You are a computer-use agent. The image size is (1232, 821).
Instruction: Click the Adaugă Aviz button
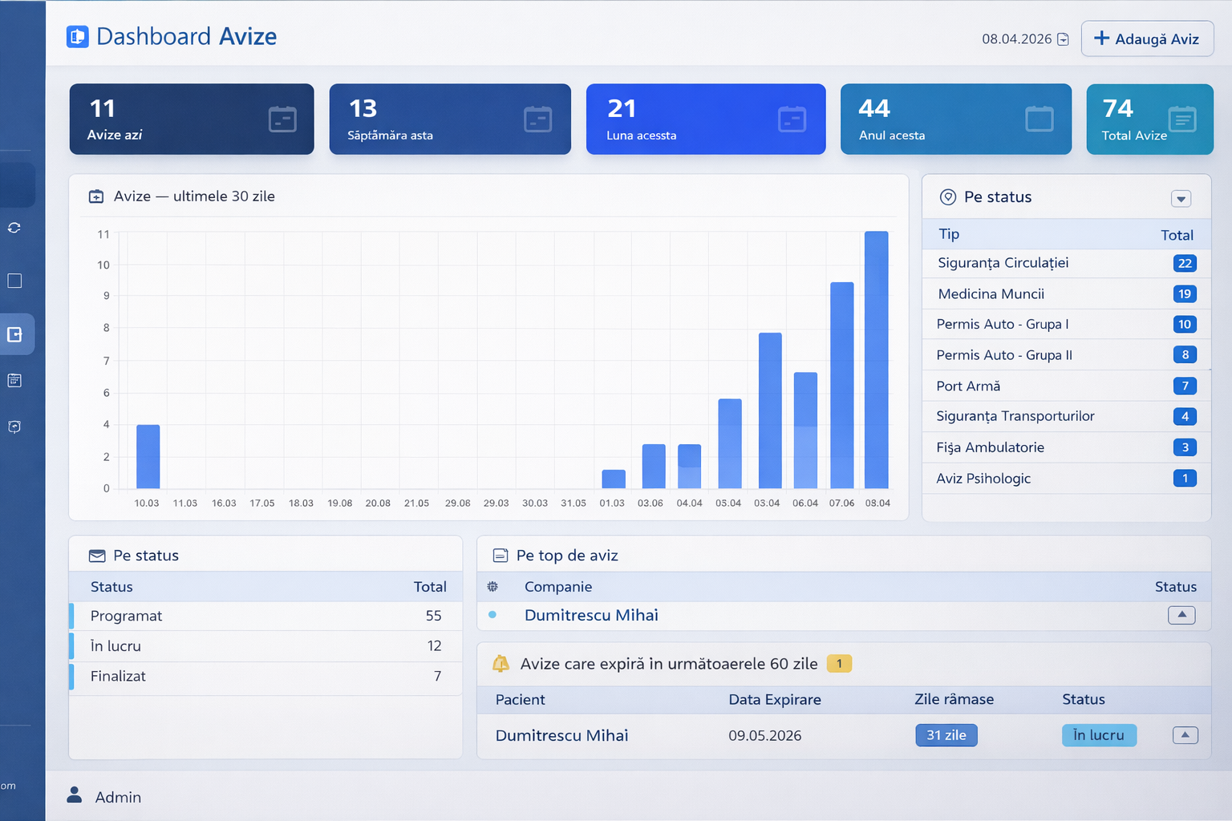tap(1147, 38)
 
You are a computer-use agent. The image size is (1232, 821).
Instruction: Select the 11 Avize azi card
tap(192, 119)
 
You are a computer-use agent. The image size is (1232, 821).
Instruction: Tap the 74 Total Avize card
tap(1149, 119)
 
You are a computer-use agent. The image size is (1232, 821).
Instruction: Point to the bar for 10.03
tap(148, 456)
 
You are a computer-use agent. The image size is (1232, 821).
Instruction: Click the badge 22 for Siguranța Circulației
tap(1185, 264)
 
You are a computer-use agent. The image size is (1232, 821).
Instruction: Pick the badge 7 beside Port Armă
tap(1185, 386)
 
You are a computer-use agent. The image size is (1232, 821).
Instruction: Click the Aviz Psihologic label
tap(983, 479)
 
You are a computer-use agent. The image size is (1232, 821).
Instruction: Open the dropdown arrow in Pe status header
tap(1181, 199)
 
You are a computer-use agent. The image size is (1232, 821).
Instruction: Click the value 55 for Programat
tap(433, 616)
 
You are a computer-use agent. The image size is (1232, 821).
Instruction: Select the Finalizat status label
tap(118, 677)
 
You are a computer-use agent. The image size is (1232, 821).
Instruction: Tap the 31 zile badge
tap(946, 735)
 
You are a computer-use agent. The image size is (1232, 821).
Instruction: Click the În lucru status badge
tap(1099, 735)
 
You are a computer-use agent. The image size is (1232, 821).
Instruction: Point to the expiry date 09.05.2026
tap(764, 736)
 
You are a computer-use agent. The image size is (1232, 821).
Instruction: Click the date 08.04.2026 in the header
tap(1016, 39)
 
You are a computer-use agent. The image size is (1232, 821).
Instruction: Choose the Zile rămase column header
tap(954, 700)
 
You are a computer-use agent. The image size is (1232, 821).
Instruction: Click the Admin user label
tap(118, 798)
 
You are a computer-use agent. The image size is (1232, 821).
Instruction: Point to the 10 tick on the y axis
tap(103, 265)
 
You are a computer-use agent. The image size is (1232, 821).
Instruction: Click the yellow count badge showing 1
tap(839, 664)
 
